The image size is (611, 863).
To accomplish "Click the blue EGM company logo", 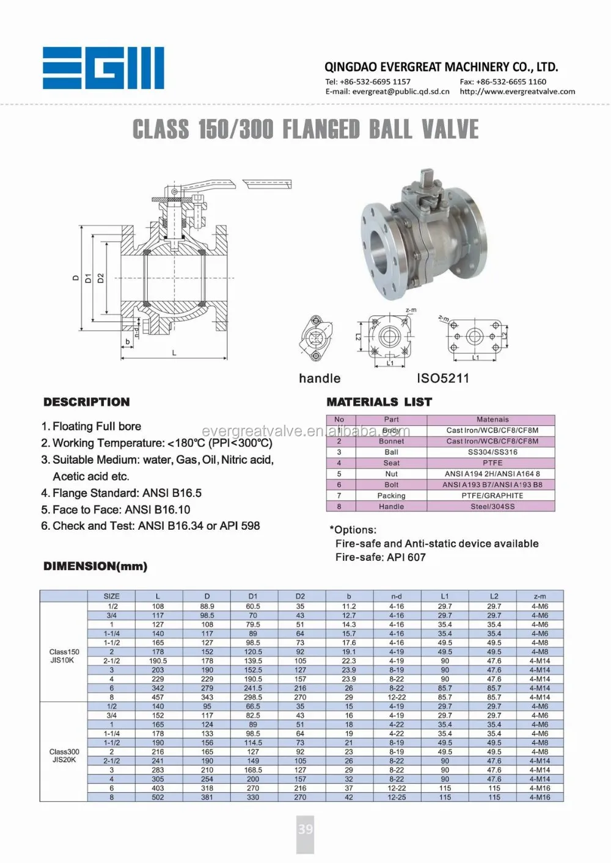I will [103, 68].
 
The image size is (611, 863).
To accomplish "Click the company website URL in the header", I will [517, 92].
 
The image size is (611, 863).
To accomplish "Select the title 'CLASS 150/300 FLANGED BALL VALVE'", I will [305, 129].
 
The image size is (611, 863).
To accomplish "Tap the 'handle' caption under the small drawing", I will [320, 378].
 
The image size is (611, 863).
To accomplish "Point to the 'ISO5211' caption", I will [443, 378].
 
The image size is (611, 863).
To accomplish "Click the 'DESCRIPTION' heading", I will [87, 402].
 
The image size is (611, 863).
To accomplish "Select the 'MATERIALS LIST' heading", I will [379, 402].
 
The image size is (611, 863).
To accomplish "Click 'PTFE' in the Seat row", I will [492, 463].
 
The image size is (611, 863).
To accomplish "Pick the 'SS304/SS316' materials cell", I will [492, 452].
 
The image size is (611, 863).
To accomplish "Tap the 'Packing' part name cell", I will [391, 496].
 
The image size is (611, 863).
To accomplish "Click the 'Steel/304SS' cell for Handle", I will [492, 507].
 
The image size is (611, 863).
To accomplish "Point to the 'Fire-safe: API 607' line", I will [380, 557].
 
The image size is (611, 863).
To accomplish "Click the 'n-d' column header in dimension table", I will [397, 596].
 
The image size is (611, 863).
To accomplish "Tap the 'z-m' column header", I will [540, 596].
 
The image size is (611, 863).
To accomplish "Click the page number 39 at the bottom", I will [305, 829].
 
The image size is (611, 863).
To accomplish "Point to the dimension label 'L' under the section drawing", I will [174, 353].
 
